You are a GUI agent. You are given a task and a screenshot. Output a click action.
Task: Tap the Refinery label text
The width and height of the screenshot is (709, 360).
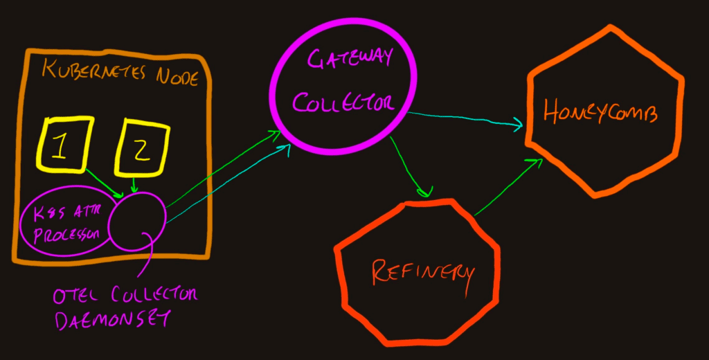(422, 271)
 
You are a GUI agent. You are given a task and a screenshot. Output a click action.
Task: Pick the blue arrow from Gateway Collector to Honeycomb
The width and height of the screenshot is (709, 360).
(464, 118)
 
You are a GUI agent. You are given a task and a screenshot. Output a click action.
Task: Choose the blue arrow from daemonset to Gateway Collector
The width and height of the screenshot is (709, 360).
(228, 183)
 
